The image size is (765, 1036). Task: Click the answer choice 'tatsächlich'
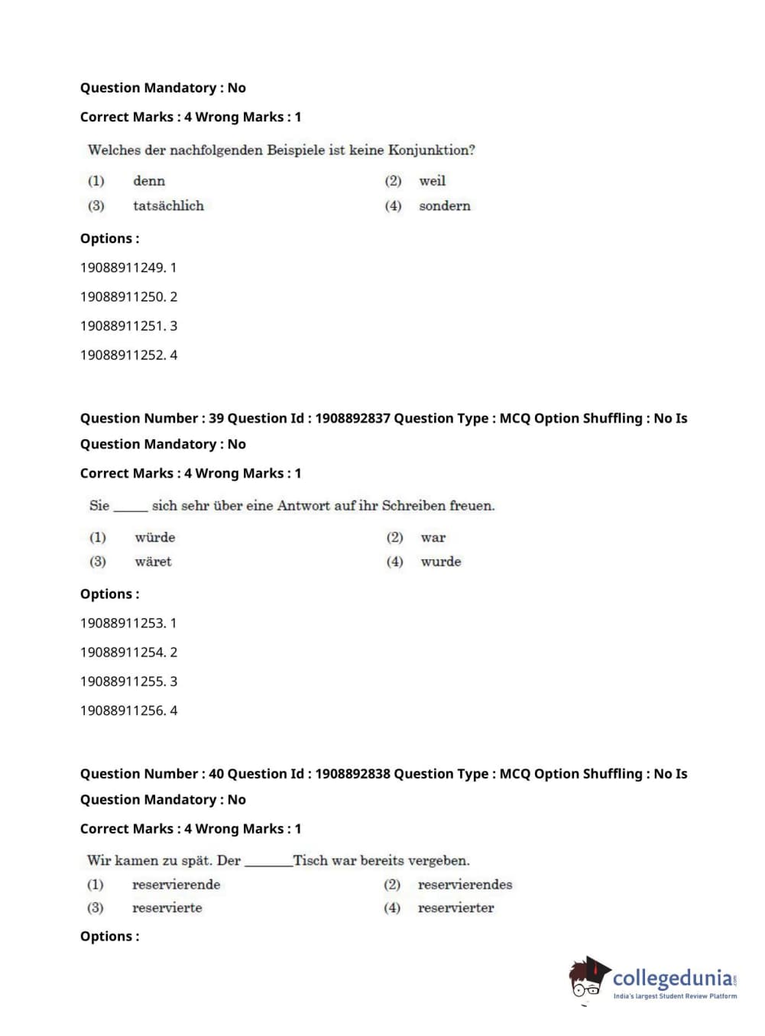[168, 206]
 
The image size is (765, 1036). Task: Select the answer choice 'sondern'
[444, 206]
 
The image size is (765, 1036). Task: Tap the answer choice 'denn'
[149, 181]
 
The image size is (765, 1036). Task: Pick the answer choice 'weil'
[432, 181]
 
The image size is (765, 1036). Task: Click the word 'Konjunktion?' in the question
[431, 151]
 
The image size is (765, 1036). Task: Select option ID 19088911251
[128, 326]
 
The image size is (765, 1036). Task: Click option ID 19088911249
[128, 268]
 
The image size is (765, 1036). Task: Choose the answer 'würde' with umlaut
[155, 538]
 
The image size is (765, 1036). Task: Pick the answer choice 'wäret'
[153, 562]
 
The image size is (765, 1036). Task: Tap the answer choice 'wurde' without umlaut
[441, 562]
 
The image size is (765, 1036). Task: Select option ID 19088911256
[128, 711]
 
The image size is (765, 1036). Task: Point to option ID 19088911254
[128, 652]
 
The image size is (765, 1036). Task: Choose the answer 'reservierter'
[455, 908]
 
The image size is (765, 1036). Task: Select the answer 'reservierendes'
[465, 885]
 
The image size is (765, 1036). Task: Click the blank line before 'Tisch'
[268, 864]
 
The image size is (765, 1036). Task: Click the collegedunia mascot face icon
[587, 979]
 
